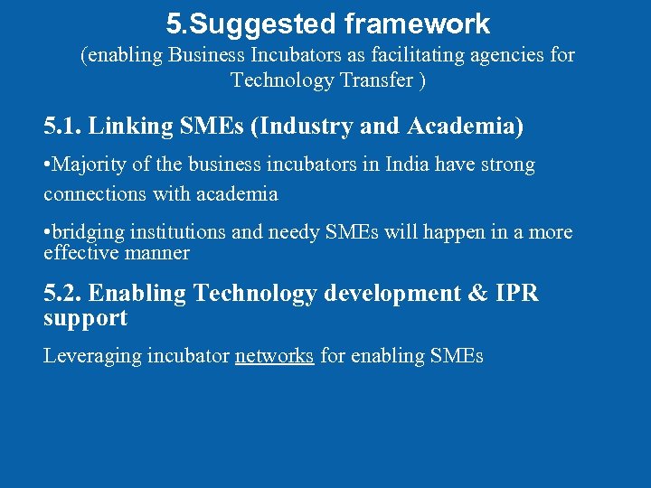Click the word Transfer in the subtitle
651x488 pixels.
click(362, 80)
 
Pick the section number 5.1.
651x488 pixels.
click(63, 127)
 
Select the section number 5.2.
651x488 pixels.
click(63, 294)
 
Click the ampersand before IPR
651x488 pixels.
click(477, 294)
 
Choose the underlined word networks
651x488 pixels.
click(274, 356)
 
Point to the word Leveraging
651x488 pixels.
click(92, 356)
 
